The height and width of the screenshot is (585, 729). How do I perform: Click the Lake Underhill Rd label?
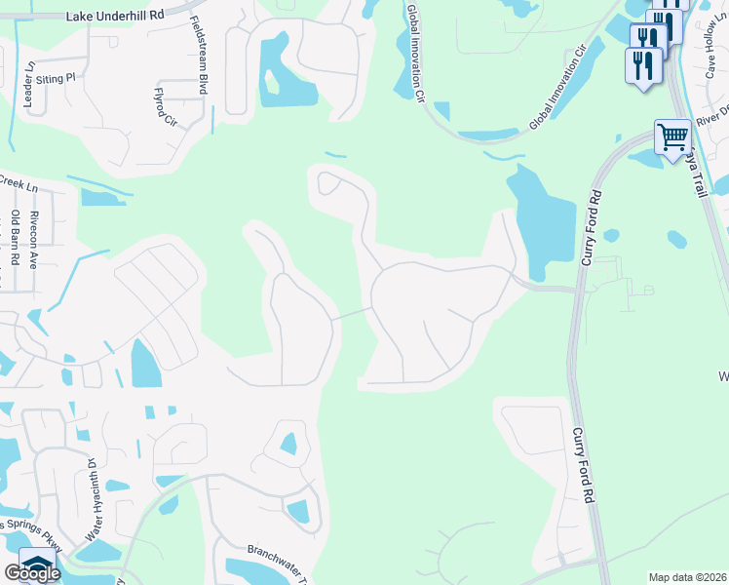coord(116,17)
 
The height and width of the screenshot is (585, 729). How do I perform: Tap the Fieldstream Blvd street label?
coord(199,55)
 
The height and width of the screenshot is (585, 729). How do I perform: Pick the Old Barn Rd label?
coord(16,238)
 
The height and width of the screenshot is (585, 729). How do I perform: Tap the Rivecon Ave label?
coord(34,240)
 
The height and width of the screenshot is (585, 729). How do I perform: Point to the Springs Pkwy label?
coord(28,532)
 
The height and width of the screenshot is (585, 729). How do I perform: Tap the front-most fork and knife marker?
coord(643,66)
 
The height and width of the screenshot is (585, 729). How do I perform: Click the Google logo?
coord(32,573)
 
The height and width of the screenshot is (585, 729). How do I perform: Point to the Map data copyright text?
coord(687,577)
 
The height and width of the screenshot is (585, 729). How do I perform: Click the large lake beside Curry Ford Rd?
coord(542,219)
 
